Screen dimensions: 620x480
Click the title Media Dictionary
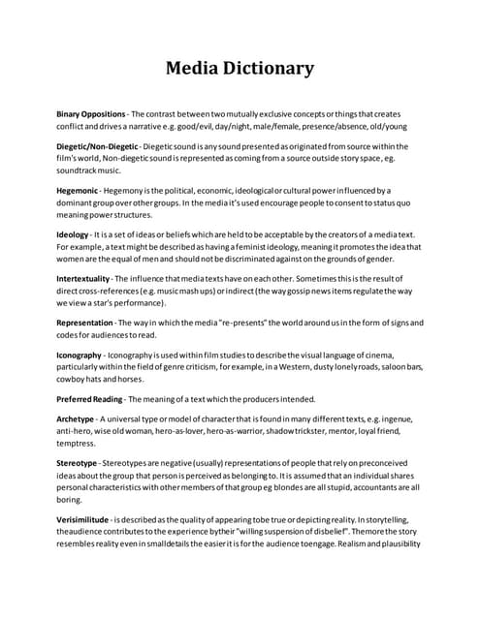(x=240, y=68)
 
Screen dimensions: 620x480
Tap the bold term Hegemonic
(x=80, y=191)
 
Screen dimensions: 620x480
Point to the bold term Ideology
(x=73, y=234)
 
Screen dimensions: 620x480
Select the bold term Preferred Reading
(x=89, y=398)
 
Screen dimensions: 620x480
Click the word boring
(x=71, y=499)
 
